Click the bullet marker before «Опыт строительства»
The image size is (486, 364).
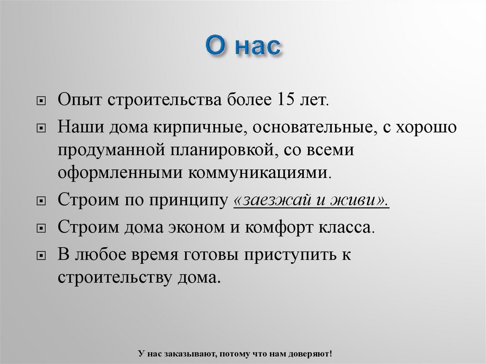tap(42, 103)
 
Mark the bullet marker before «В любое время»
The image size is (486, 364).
tap(42, 256)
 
